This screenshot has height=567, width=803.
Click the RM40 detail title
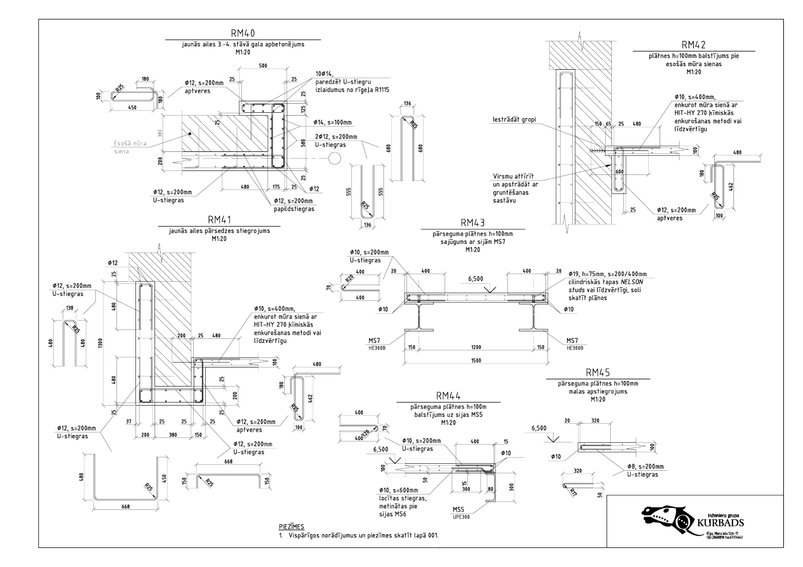(243, 33)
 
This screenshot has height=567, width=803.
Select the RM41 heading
(220, 220)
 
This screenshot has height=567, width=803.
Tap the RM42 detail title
(694, 45)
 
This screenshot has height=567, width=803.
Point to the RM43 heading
(472, 223)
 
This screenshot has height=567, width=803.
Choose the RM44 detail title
(448, 396)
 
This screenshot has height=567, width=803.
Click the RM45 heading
(597, 372)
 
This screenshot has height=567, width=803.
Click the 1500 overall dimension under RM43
(476, 360)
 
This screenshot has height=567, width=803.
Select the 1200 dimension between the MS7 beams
(476, 347)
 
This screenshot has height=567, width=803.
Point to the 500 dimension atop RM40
(262, 66)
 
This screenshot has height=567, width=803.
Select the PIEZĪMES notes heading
(292, 526)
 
